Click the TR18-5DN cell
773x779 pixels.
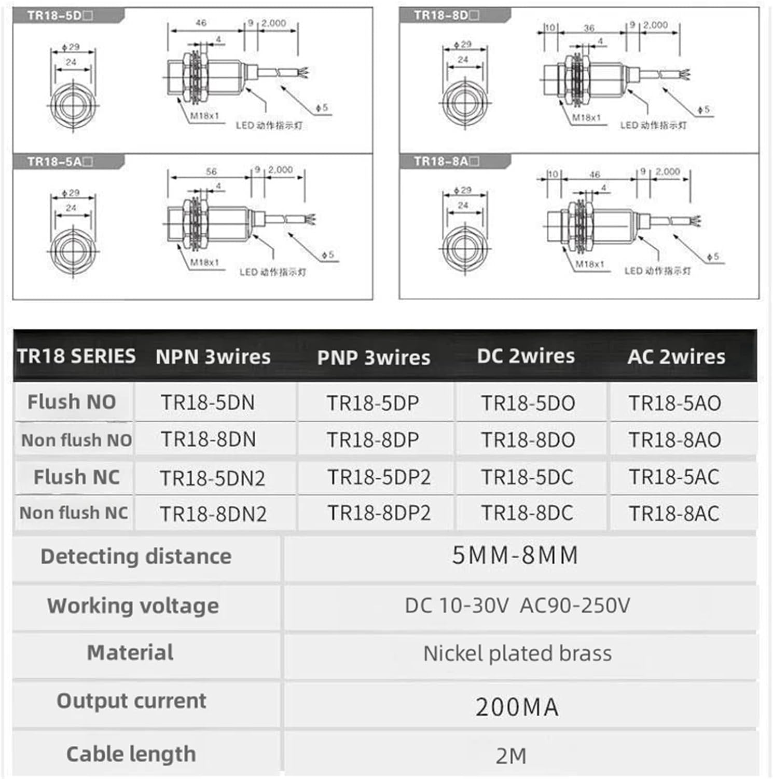point(208,403)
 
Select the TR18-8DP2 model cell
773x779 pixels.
point(379,513)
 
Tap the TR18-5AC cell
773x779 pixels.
point(674,477)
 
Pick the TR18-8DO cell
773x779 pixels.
point(528,440)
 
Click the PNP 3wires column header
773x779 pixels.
point(374,357)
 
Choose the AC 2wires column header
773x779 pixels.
point(676,357)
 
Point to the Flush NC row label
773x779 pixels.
point(76,477)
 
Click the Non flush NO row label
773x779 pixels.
point(76,440)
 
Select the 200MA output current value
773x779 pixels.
point(517,707)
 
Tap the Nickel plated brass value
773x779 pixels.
point(517,653)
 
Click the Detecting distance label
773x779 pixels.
point(136,556)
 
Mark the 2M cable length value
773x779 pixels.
point(511,756)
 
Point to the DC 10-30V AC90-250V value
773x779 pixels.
point(517,606)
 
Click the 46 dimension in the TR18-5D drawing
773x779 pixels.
point(201,23)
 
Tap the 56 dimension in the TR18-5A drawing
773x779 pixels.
point(211,171)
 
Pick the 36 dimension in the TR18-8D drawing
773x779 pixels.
point(589,28)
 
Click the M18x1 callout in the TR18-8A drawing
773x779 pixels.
point(590,264)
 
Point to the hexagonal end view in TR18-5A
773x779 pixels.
point(73,250)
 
